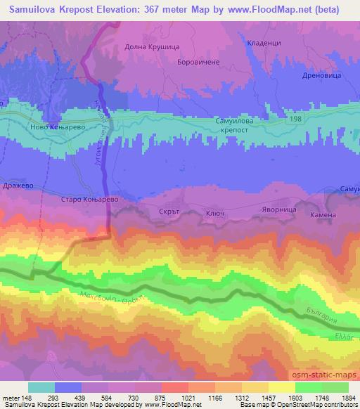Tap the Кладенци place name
(x=264, y=43)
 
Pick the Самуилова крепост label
(x=236, y=126)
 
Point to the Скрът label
(x=171, y=209)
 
